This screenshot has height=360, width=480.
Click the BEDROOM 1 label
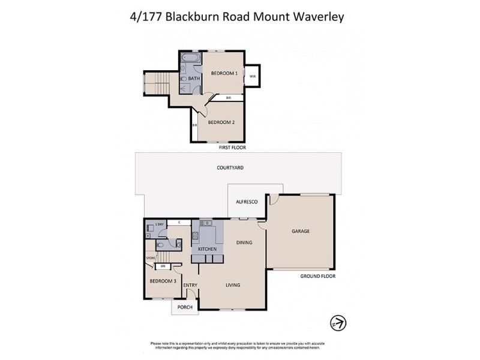tap(224, 73)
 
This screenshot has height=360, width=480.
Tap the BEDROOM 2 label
tap(220, 122)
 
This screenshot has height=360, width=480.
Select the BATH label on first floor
tap(194, 79)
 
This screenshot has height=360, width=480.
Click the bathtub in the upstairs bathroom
tap(191, 59)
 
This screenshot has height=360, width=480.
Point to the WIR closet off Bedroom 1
tap(253, 76)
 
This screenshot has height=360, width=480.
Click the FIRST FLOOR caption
tap(233, 147)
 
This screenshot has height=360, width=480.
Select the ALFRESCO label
tap(246, 202)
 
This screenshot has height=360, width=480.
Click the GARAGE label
tap(300, 231)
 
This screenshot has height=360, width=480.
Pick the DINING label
tap(244, 243)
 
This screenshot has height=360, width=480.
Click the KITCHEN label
tap(207, 248)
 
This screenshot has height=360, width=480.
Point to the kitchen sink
tap(207, 224)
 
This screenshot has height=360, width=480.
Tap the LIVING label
tap(232, 285)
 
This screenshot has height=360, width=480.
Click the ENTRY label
tap(190, 285)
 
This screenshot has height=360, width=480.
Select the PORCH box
tap(185, 308)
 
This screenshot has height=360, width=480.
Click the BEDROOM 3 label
tap(163, 281)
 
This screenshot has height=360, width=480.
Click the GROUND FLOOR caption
tap(317, 276)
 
